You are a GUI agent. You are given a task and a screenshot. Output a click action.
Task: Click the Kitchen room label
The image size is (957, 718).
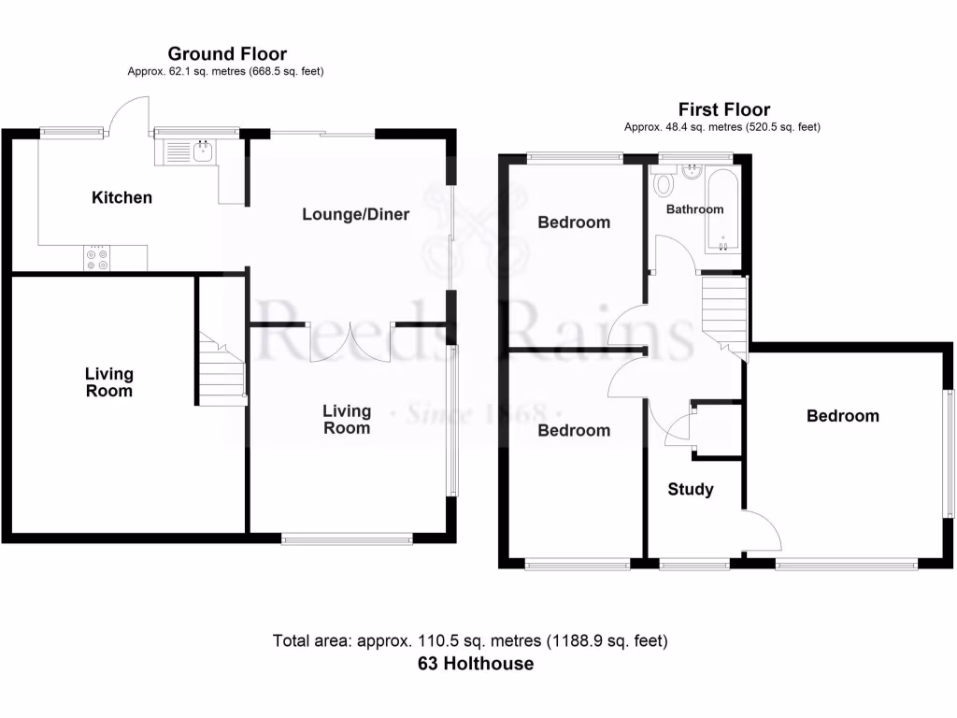(121, 197)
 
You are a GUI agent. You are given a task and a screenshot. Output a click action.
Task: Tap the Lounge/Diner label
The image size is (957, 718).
(355, 214)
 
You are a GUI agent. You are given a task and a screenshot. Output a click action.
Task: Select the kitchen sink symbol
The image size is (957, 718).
(189, 150)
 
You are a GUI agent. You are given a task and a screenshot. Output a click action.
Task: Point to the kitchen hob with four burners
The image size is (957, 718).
(96, 257)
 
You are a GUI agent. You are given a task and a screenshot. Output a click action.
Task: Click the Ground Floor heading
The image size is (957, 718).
(226, 54)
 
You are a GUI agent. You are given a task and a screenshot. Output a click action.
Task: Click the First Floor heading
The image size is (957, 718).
(723, 109)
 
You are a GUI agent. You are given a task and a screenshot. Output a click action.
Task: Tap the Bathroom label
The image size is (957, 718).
(694, 209)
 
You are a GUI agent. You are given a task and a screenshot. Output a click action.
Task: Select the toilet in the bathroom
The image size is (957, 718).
(663, 183)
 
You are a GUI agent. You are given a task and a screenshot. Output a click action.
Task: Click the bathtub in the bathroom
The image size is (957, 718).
(723, 209)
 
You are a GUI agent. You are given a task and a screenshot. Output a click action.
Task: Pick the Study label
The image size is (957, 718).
(691, 489)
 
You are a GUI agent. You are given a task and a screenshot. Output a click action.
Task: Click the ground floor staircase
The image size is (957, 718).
(222, 369)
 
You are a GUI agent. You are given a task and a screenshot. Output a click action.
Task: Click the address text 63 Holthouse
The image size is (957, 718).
(476, 664)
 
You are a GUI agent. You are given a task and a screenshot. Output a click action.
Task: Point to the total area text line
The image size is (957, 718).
(470, 641)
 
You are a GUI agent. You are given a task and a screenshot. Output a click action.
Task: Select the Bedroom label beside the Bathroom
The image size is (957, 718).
(574, 222)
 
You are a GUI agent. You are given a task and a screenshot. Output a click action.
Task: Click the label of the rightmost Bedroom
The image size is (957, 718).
(843, 416)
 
